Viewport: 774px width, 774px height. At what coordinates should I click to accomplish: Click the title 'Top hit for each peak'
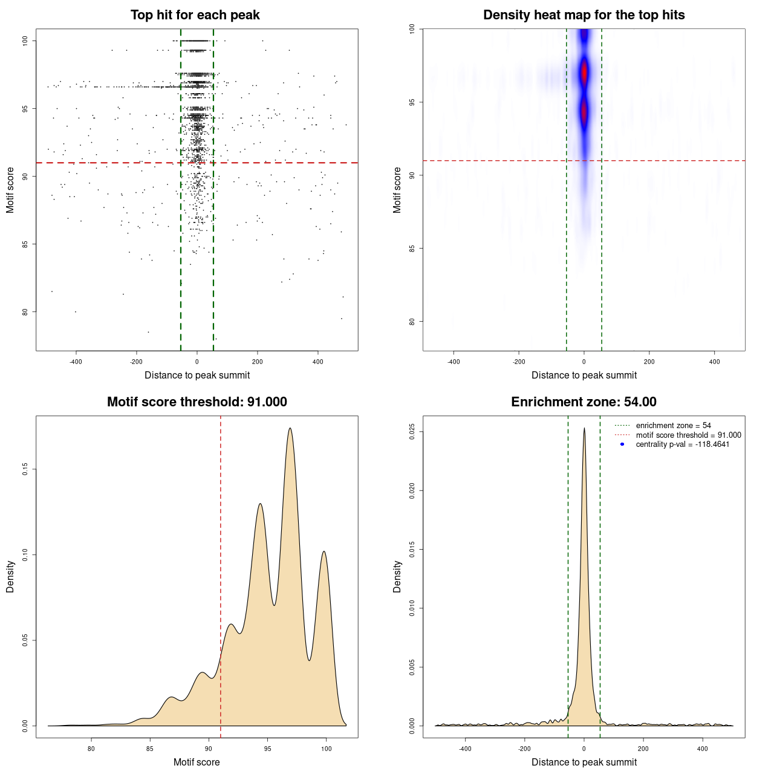coord(195,15)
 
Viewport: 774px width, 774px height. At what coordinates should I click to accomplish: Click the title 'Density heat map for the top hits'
coord(584,15)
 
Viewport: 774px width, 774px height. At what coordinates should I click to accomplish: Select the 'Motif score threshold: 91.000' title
coord(197,402)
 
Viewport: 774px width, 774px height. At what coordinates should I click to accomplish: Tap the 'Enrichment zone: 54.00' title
coord(584,402)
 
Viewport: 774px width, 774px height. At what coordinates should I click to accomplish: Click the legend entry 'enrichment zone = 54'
coord(673,426)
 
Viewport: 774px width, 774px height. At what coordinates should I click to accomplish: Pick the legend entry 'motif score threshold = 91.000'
coord(688,435)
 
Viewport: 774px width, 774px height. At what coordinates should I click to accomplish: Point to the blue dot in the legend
coord(622,444)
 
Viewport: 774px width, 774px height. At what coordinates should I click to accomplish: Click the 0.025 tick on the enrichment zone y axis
coord(412,432)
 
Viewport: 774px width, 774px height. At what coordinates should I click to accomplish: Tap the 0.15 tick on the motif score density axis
coord(25,469)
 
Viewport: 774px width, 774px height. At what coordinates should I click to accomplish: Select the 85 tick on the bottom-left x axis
coord(150,749)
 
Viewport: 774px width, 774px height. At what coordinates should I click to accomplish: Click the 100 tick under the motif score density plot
coord(327,749)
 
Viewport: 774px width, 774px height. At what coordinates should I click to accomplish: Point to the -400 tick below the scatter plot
coord(76,362)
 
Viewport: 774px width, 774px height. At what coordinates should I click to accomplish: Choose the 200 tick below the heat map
coord(649,362)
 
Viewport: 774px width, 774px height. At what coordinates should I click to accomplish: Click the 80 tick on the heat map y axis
coord(412,322)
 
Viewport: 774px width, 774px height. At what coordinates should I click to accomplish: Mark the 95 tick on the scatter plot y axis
coord(25,109)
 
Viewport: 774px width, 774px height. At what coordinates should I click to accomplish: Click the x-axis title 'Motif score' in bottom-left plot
coord(197,762)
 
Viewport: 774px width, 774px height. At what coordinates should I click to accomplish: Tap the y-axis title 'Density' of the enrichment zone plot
coord(397,576)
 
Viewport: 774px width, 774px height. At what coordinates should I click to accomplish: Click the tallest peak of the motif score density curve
coord(290,429)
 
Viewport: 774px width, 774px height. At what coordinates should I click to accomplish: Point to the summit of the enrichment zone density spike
coord(584,429)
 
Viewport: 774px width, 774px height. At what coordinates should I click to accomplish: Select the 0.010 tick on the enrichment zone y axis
coord(412,608)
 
